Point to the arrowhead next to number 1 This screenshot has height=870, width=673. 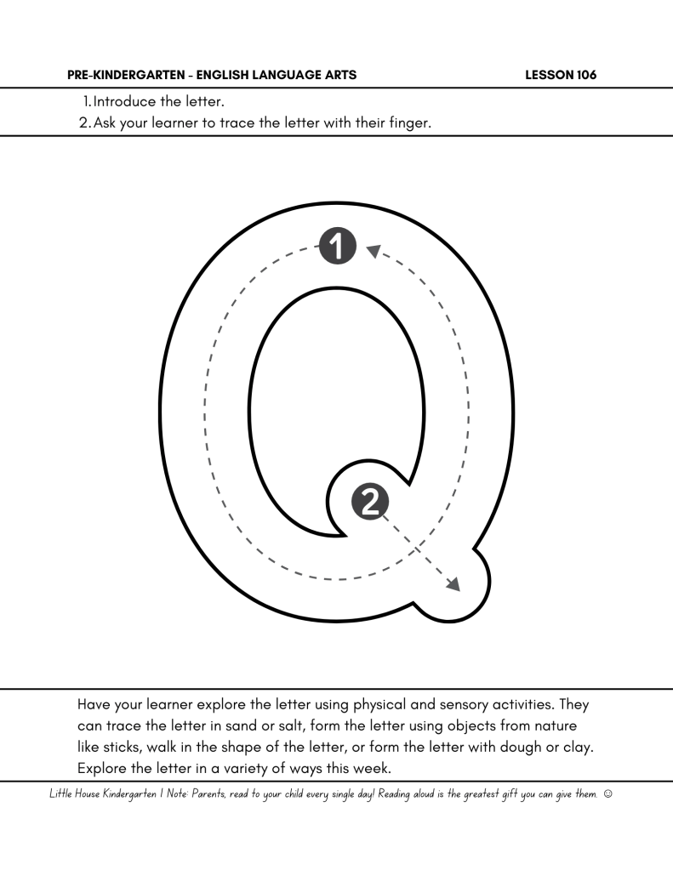tap(372, 249)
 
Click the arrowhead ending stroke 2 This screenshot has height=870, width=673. tap(453, 584)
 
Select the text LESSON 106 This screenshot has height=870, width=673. tap(562, 75)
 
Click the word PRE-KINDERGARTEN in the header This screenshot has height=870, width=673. tap(121, 75)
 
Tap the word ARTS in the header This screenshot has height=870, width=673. tap(341, 75)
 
